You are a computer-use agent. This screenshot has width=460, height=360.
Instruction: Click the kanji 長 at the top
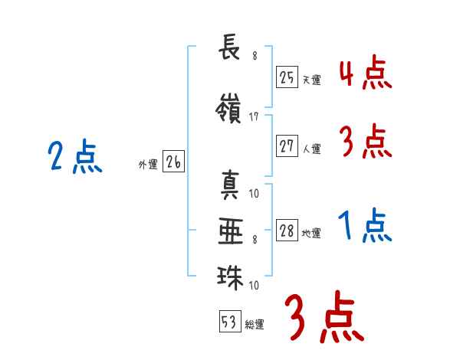[x=229, y=47]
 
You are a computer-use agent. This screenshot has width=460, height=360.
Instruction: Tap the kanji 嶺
[x=228, y=109]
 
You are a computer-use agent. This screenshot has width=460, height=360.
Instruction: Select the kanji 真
[x=230, y=185]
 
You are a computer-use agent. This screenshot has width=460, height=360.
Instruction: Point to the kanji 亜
[x=231, y=231]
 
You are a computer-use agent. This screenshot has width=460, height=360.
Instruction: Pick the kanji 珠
[x=230, y=277]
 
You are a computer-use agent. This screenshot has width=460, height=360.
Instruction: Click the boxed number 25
[x=287, y=77]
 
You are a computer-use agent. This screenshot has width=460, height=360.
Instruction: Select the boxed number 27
[x=287, y=146]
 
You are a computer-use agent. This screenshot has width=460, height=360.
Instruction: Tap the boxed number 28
[x=287, y=230]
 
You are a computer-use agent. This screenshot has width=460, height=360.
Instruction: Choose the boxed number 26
[x=173, y=162]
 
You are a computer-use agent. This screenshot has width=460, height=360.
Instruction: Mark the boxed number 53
[x=230, y=321]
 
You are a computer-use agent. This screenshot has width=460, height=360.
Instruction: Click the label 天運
[x=312, y=80]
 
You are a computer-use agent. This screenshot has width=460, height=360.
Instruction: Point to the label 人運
[x=312, y=149]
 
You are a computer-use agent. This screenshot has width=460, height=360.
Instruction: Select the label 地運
[x=311, y=233]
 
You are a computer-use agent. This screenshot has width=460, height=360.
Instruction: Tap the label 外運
[x=148, y=164]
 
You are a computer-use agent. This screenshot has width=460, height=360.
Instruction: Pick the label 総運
[x=255, y=324]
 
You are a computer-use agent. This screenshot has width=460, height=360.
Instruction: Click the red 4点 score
[x=366, y=73]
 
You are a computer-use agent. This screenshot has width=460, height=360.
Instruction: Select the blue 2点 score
[x=75, y=156]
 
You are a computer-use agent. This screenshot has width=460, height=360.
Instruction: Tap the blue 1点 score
[x=365, y=225]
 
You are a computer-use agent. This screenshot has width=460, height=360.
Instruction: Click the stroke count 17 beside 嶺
[x=254, y=117]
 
